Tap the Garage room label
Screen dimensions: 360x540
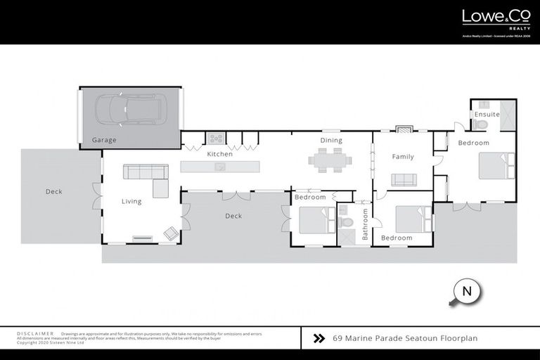[x=104, y=141]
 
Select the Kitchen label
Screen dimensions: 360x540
[x=219, y=154]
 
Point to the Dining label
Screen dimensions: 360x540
[x=331, y=141]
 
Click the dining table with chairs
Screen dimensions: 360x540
[x=330, y=161]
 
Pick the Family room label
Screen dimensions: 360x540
[x=403, y=157]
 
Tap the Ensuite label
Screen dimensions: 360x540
[x=487, y=114]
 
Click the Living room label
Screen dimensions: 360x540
[x=131, y=201]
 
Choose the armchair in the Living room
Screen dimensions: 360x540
[x=171, y=232]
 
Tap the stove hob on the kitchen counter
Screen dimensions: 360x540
[x=215, y=138]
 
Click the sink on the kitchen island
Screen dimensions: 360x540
[x=220, y=167]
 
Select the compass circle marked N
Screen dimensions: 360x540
[x=465, y=291]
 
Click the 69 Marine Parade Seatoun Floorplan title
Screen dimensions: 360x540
[x=405, y=338]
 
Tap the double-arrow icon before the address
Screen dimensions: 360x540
[x=319, y=338]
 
